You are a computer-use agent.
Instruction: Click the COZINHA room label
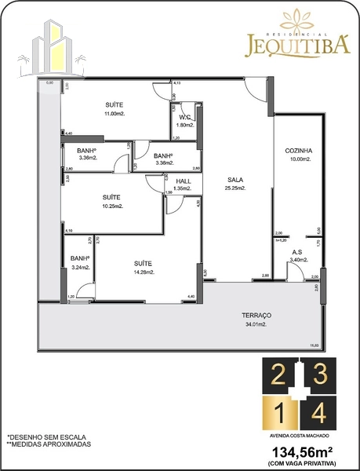298,151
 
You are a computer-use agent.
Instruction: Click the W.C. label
186,117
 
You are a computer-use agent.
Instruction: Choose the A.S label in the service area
297,252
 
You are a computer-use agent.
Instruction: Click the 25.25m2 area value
235,188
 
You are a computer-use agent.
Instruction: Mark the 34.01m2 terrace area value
256,323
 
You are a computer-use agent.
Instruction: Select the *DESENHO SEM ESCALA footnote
46,436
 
